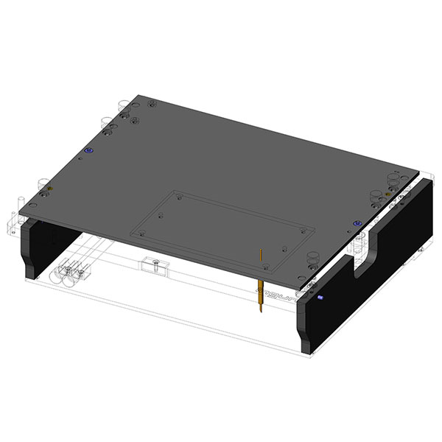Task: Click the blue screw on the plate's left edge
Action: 89,150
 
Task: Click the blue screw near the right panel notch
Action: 357,222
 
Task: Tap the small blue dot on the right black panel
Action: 321,298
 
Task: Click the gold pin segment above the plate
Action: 261,257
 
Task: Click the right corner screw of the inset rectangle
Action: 303,231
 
